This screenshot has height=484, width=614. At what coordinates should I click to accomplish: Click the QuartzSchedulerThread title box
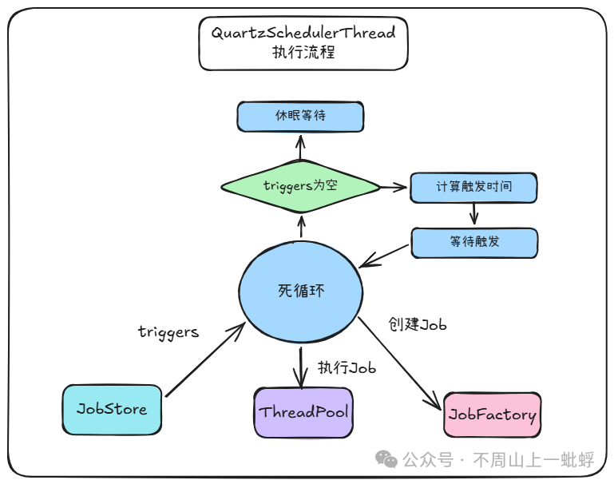pos(303,43)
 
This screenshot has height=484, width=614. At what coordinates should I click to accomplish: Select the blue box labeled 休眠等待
pos(300,117)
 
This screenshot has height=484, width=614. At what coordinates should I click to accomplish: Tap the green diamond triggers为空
pos(300,186)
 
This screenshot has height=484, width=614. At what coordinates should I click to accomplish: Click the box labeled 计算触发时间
pos(473,187)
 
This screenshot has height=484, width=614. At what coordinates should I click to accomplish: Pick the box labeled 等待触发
pos(474,242)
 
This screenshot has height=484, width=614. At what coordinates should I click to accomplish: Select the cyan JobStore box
pos(112,409)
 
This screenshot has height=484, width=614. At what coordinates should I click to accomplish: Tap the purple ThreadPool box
pos(303,413)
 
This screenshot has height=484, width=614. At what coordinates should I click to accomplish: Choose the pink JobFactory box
pos(492,415)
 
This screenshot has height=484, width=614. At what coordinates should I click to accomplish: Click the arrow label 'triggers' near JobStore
pos(168,331)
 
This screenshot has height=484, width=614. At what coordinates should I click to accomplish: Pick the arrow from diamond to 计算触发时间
pos(393,187)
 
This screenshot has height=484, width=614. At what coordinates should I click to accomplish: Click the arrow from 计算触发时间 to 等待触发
pos(474,213)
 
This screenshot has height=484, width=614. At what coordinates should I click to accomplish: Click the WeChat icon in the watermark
pos(386,459)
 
